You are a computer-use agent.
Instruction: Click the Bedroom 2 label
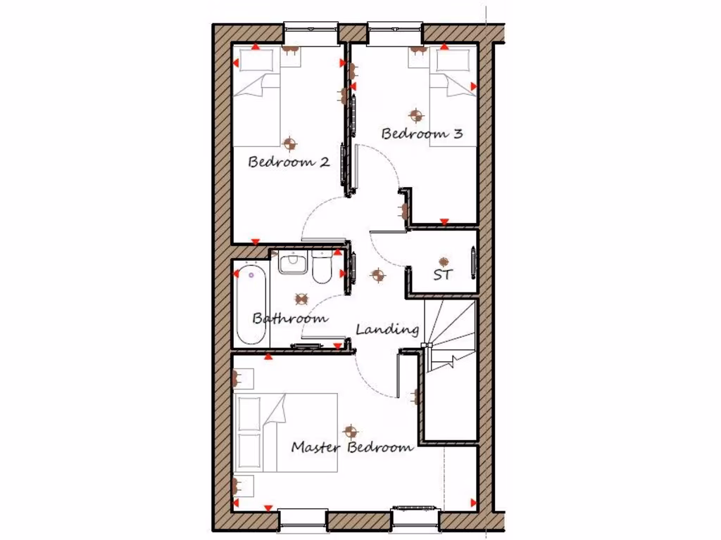[289, 162]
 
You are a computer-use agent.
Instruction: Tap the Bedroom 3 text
[422, 133]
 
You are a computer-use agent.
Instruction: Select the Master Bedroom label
[352, 447]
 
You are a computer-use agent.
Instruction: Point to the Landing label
[387, 329]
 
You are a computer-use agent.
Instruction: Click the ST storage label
[442, 275]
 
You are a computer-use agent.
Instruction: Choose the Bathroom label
[290, 318]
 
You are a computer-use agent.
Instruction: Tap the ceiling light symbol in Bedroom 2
[289, 143]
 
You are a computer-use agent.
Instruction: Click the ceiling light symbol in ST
[443, 262]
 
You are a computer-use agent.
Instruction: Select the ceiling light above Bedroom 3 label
[415, 115]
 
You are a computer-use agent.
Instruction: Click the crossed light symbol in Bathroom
[301, 299]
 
